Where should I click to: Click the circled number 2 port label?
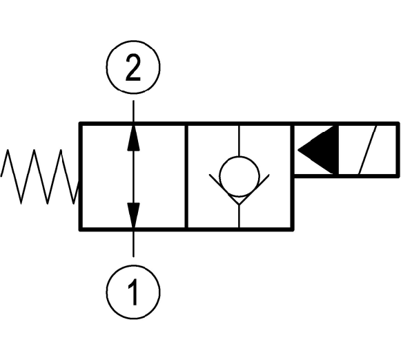133,67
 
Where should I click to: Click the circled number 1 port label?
133,292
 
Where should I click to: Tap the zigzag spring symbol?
40,177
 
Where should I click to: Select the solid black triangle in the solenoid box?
318,150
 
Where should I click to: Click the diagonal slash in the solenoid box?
368,150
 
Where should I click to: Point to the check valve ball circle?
239,177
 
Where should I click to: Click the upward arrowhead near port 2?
133,138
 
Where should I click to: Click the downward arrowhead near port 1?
133,215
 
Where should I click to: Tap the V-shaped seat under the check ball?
239,189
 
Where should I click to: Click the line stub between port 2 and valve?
133,111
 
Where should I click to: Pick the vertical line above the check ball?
239,141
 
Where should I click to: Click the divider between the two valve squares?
186,176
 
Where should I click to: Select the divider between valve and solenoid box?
293,176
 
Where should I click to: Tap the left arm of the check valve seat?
224,189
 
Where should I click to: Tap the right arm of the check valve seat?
255,189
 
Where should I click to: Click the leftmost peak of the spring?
8,150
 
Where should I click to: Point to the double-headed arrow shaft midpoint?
133,176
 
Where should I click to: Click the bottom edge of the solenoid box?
346,176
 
